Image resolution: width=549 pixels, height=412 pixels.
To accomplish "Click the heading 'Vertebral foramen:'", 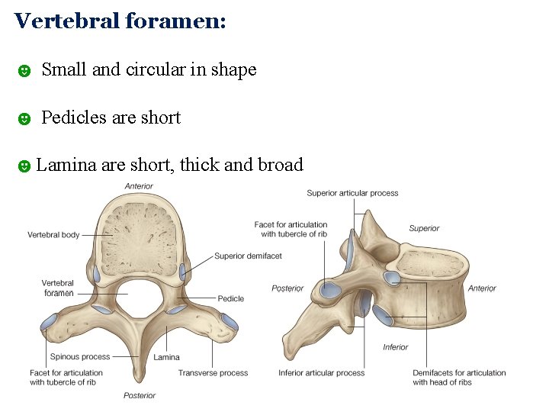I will pyautogui.click(x=120, y=21).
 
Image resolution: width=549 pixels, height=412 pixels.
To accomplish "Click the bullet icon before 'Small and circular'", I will pyautogui.click(x=24, y=71).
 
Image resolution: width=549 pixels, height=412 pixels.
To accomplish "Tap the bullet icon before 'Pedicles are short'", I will pyautogui.click(x=24, y=118).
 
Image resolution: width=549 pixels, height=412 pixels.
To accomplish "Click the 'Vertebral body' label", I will pyautogui.click(x=53, y=235).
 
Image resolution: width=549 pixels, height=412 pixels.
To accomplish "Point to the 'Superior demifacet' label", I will pyautogui.click(x=248, y=256).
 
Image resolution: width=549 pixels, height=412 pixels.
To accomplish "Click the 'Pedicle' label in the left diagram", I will pyautogui.click(x=230, y=298).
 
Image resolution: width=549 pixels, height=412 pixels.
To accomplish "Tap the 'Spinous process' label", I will pyautogui.click(x=79, y=356).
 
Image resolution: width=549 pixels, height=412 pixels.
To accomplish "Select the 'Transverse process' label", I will pyautogui.click(x=213, y=373).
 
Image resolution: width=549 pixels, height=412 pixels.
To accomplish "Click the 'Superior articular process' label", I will pyautogui.click(x=352, y=193).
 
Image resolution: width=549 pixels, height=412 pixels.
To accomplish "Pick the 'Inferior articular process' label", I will pyautogui.click(x=321, y=373).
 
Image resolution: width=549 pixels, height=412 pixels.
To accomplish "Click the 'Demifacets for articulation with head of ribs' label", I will pyautogui.click(x=459, y=377).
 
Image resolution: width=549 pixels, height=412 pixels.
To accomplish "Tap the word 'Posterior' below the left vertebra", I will pyautogui.click(x=140, y=395).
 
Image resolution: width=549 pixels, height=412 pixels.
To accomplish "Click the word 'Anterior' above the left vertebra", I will pyautogui.click(x=139, y=186).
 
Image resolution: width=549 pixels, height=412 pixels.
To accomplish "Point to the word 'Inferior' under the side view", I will pyautogui.click(x=396, y=347).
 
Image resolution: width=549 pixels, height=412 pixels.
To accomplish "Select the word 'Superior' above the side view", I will pyautogui.click(x=424, y=228).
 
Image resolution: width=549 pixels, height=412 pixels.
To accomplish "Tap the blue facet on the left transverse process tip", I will pyautogui.click(x=49, y=320).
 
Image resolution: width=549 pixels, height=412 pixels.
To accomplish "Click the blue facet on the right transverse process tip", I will pyautogui.click(x=229, y=321).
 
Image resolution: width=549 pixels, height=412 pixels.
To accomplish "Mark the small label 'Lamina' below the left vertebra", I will pyautogui.click(x=166, y=357).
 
